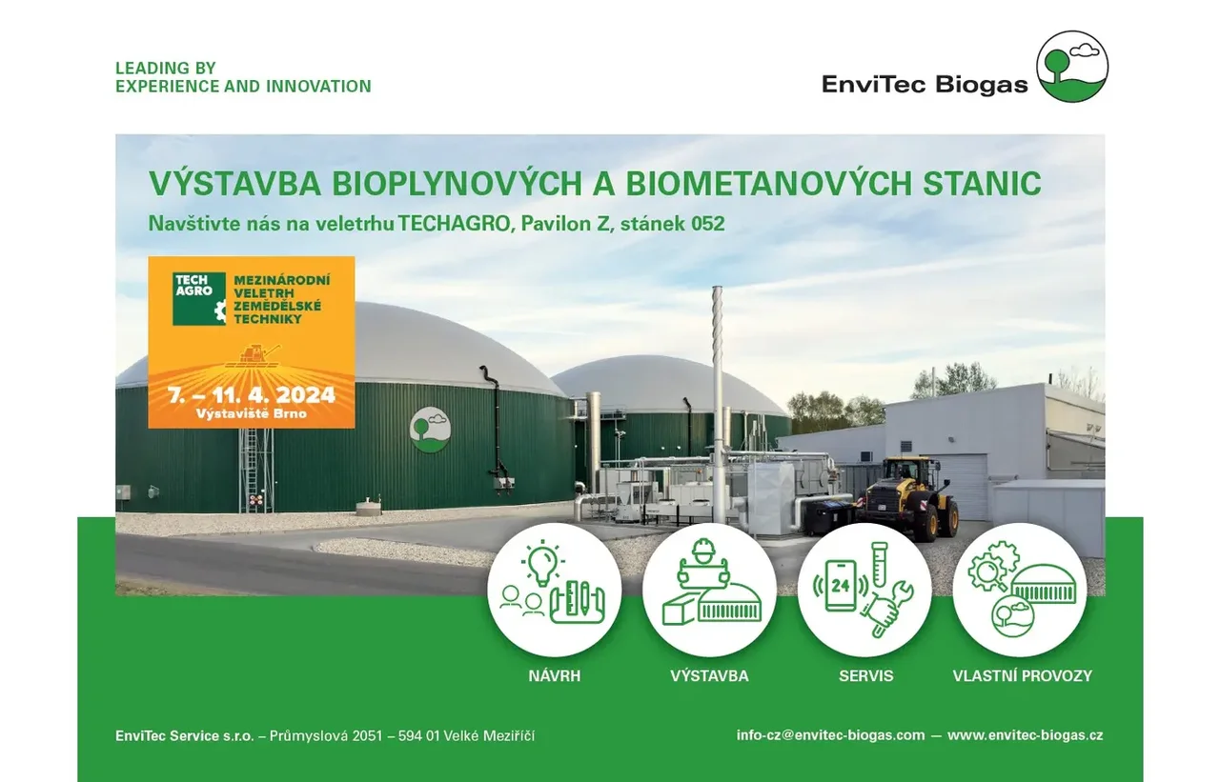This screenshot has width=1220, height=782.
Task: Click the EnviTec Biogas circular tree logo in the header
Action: coord(1072,66)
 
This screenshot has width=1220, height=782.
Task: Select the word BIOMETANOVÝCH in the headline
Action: coord(768,184)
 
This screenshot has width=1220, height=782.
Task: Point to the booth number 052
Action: coord(708,224)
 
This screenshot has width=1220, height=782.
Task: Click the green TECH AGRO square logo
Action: coord(199,299)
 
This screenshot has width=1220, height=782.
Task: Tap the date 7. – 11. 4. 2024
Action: coord(251,394)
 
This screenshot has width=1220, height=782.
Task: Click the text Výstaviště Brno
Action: coord(251,413)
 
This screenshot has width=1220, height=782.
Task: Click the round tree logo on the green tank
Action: coord(430,430)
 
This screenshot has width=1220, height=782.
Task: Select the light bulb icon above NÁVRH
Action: coord(542,563)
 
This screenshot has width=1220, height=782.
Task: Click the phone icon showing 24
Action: coord(841,586)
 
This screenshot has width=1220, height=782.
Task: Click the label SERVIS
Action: coord(866,676)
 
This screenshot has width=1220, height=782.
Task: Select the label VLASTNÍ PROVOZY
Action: coord(1023,676)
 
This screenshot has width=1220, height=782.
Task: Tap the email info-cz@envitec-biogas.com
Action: coord(830,735)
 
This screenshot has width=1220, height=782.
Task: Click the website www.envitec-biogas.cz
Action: coord(1025,735)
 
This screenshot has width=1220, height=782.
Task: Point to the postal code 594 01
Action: coord(418,735)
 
